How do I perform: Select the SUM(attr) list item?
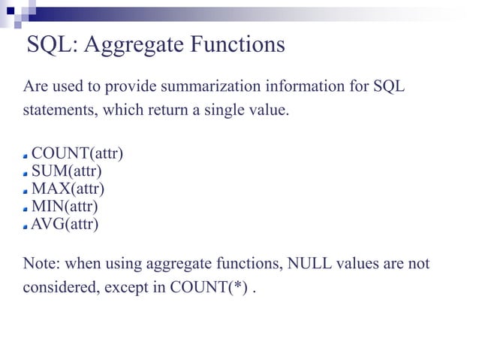67,171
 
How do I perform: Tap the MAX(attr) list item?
68,189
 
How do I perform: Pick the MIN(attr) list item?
65,205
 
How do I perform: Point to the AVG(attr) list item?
64,223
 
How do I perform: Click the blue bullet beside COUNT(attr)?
26,156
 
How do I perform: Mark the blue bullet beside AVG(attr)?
26,225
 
